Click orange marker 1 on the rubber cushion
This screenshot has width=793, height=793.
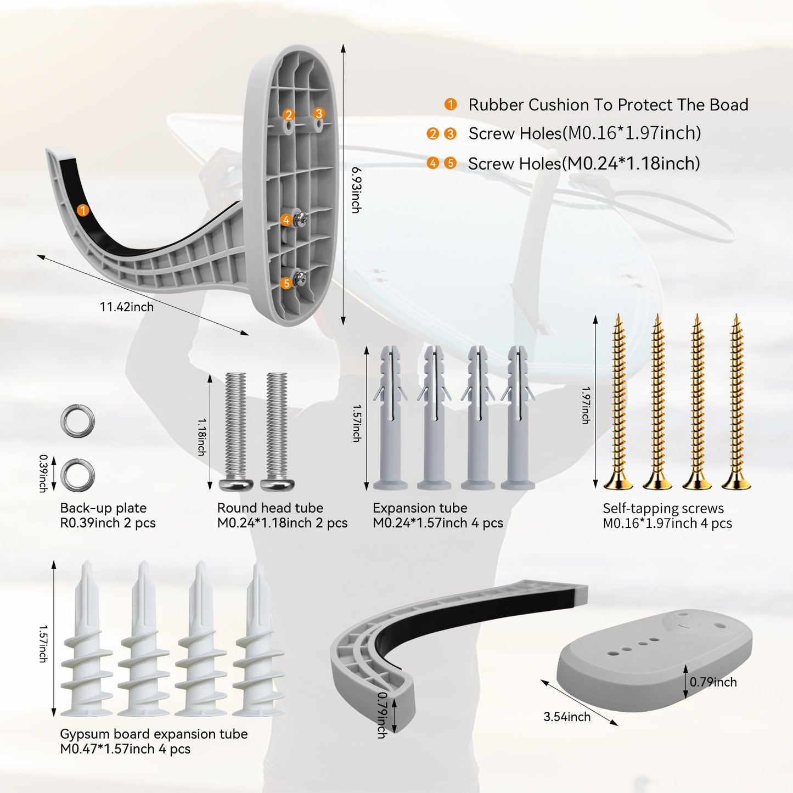[83, 210]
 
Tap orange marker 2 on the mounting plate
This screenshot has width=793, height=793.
[288, 115]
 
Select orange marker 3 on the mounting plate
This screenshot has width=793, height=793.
[318, 113]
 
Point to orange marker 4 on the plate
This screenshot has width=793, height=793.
[286, 220]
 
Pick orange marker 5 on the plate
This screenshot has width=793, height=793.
[286, 283]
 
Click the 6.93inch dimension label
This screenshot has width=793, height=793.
[356, 190]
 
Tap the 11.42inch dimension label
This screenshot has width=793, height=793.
[127, 307]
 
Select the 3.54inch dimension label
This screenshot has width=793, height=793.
[567, 717]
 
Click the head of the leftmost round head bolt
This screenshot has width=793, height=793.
[236, 484]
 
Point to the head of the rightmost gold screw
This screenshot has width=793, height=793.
[736, 481]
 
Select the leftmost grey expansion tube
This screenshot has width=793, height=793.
[390, 418]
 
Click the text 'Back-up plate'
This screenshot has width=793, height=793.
[103, 508]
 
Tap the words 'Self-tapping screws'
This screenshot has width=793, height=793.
[663, 509]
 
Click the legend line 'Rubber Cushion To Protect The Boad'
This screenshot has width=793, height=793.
[608, 105]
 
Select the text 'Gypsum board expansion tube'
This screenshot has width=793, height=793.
[154, 734]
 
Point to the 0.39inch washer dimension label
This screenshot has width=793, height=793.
[43, 473]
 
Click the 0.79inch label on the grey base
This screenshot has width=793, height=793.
[713, 682]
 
